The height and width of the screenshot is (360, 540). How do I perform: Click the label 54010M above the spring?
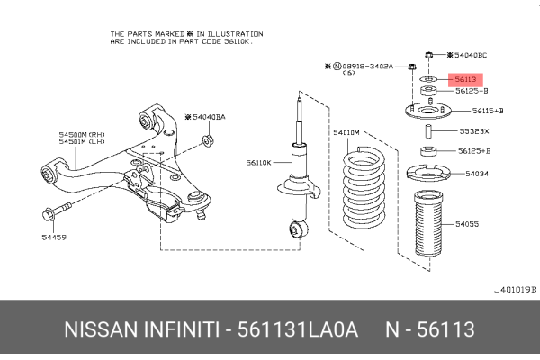click(x=346, y=132)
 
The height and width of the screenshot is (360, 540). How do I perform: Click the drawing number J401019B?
click(x=515, y=290)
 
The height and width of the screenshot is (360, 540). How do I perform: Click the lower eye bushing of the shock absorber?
click(x=295, y=231)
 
